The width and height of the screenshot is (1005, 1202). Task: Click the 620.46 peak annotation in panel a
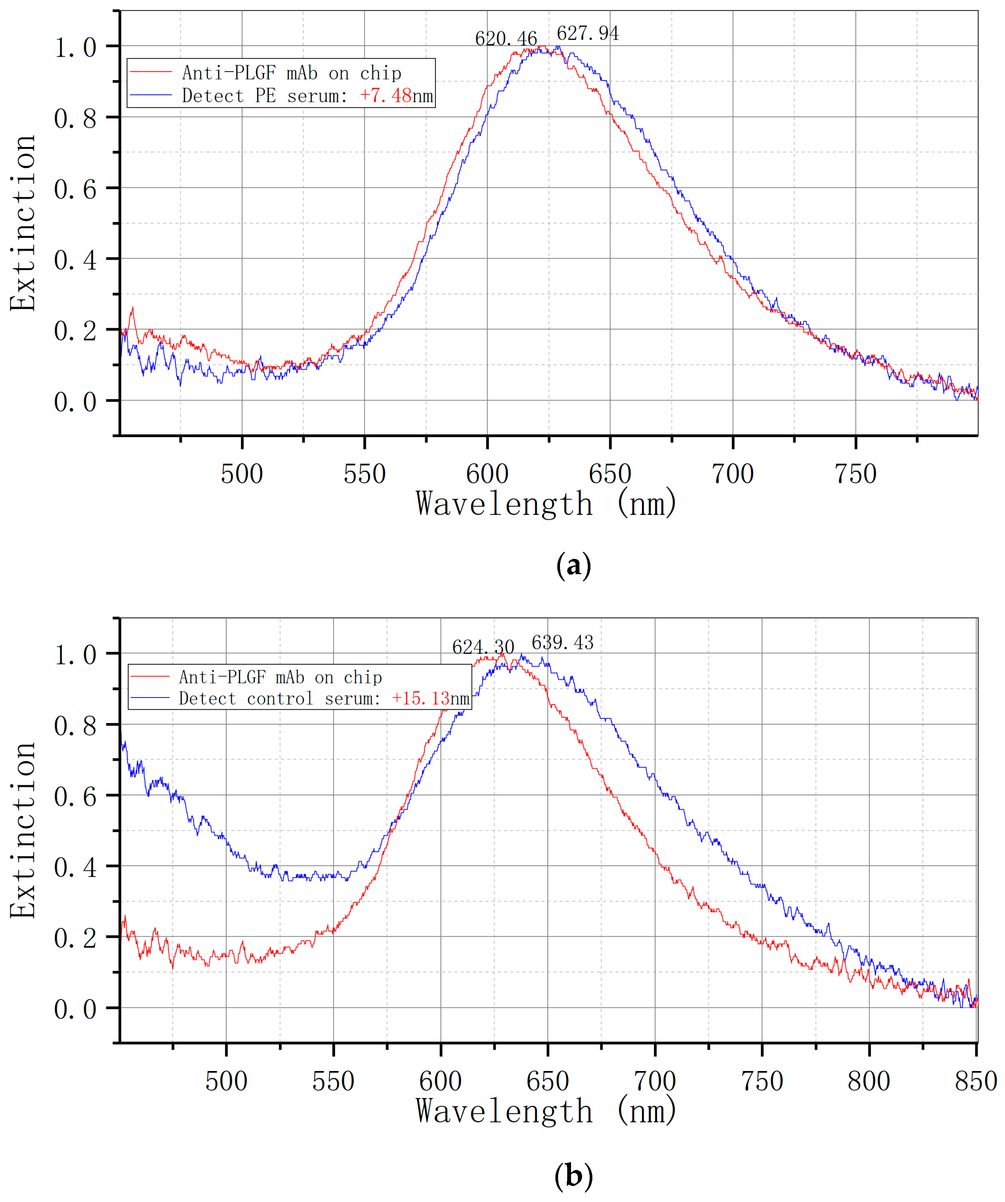pyautogui.click(x=506, y=39)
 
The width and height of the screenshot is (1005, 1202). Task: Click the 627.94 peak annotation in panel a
pyautogui.click(x=588, y=34)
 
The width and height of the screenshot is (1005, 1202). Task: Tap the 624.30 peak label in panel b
pyautogui.click(x=483, y=647)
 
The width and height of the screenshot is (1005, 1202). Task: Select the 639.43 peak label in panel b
pyautogui.click(x=563, y=643)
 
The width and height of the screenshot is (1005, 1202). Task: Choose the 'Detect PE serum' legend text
pyautogui.click(x=265, y=96)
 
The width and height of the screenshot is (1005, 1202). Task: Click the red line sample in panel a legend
pyautogui.click(x=150, y=72)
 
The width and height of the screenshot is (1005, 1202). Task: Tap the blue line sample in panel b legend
pyautogui.click(x=150, y=698)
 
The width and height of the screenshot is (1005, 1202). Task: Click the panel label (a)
pyautogui.click(x=573, y=565)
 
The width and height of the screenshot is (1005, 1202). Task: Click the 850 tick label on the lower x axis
pyautogui.click(x=976, y=1081)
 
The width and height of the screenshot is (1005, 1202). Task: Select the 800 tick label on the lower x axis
pyautogui.click(x=869, y=1081)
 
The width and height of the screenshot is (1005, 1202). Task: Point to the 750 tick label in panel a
pyautogui.click(x=855, y=474)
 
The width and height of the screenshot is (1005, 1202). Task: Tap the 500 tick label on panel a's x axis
pyautogui.click(x=242, y=474)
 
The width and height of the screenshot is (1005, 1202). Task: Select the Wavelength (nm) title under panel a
pyautogui.click(x=547, y=504)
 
